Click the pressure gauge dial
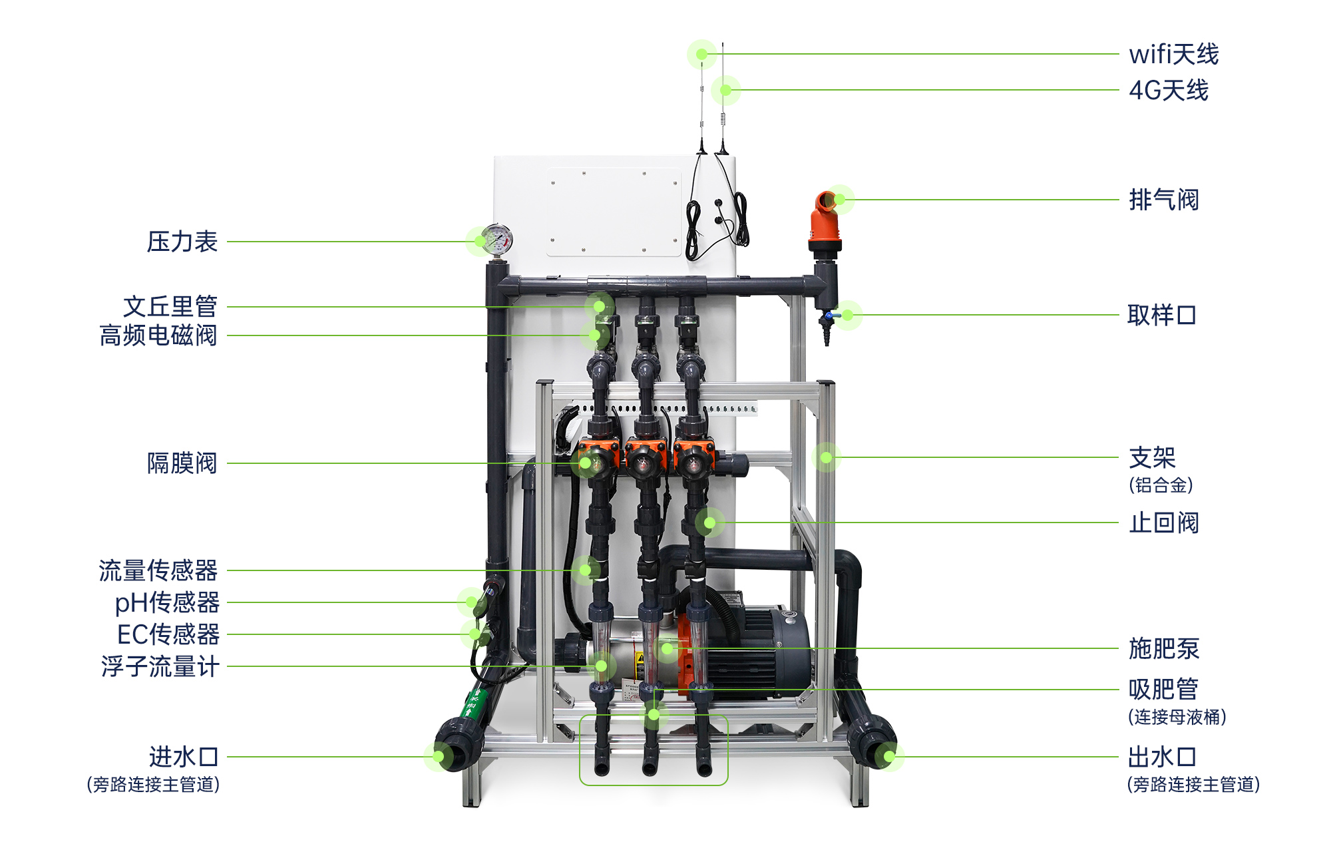tap(496, 240)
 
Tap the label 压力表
tap(182, 242)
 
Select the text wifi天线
tap(1174, 55)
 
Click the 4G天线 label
tap(1169, 91)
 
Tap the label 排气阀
tap(1164, 200)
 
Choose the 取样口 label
tap(1162, 315)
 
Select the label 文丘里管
tap(170, 307)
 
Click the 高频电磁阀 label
tap(158, 335)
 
